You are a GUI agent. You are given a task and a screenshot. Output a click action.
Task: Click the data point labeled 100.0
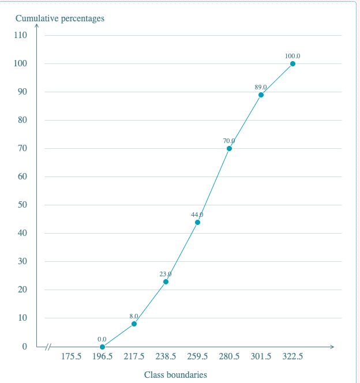tap(292, 64)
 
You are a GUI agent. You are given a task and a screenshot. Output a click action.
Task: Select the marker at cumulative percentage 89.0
tap(261, 95)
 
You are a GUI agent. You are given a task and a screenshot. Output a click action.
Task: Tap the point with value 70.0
tap(229, 148)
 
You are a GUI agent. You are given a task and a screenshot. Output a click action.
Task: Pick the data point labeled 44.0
tap(197, 222)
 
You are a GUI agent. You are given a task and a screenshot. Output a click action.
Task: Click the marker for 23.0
tap(166, 281)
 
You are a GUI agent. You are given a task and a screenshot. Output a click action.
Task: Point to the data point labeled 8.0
tap(134, 324)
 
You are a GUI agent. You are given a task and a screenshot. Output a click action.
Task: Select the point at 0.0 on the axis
tap(103, 347)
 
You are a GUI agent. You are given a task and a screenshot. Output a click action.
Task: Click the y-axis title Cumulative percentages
tap(60, 18)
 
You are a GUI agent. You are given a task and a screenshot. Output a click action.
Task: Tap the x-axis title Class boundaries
tap(175, 374)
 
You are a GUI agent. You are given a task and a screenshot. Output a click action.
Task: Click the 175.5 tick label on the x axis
tap(71, 356)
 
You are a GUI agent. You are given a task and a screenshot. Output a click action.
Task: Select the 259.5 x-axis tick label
tap(197, 356)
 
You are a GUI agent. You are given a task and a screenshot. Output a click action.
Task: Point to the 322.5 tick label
tap(292, 356)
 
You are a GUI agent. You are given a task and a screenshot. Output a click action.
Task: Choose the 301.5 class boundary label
tap(261, 356)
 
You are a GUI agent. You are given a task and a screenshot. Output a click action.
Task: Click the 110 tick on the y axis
tap(21, 35)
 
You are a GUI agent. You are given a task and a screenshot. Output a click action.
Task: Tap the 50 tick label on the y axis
tap(22, 205)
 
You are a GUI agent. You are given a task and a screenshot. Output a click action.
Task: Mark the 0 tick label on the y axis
tap(25, 346)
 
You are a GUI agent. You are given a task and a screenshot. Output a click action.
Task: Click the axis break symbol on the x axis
tap(48, 347)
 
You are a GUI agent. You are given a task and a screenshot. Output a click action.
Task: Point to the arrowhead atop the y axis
tap(37, 25)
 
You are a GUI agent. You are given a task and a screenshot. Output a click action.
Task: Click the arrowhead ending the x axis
tap(332, 347)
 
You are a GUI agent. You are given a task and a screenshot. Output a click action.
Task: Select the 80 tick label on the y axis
tap(22, 120)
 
